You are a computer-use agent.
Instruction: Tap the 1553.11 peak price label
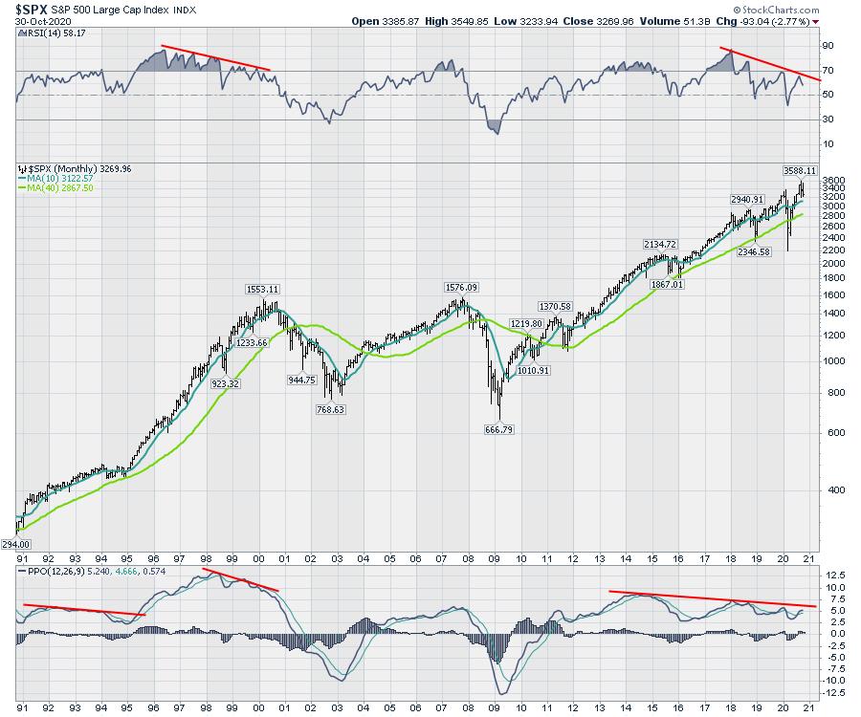click(256, 289)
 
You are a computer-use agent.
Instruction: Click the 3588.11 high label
click(800, 170)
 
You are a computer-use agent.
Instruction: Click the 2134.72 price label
click(665, 244)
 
